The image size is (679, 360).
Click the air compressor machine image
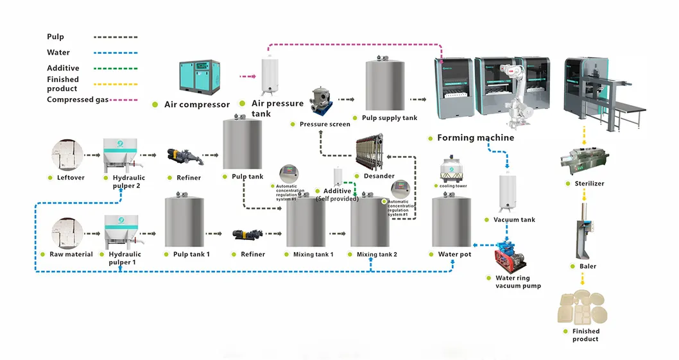pos(201,76)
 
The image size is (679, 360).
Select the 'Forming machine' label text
pos(475,138)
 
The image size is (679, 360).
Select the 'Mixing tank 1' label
pos(313,255)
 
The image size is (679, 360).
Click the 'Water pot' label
pos(454,255)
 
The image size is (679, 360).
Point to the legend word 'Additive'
pos(63,68)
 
